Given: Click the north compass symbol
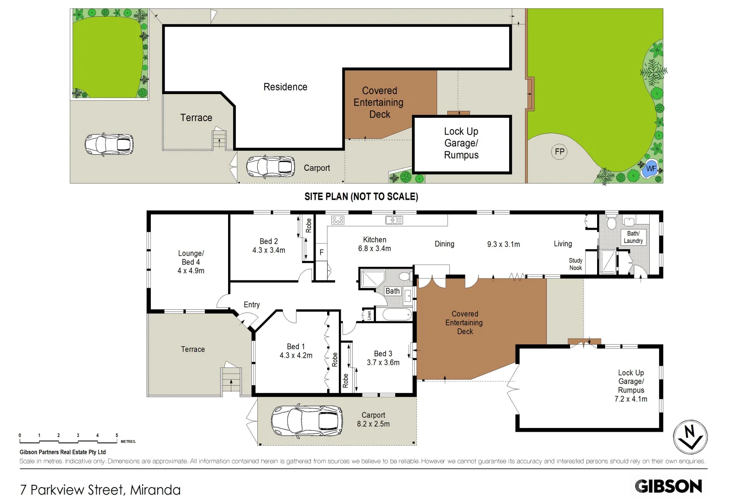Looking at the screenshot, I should (x=690, y=437).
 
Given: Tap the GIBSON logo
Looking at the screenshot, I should (x=668, y=486).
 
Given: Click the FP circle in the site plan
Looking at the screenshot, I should (x=559, y=152).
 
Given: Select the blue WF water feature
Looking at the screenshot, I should (x=650, y=169).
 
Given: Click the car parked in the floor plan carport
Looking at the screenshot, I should (x=307, y=420).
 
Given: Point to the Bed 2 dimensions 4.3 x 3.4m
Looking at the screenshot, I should (x=269, y=250).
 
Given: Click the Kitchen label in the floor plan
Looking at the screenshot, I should (x=375, y=239).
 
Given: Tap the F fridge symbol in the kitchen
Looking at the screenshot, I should (x=321, y=252).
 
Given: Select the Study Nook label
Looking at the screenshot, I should (x=575, y=264).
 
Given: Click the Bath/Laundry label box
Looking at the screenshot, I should (x=633, y=237).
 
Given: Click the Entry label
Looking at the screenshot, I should (x=252, y=305).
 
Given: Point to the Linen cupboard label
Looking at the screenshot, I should (x=369, y=315).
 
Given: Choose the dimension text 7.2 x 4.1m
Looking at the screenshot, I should (x=631, y=399).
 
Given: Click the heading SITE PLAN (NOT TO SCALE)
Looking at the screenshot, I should (x=361, y=197).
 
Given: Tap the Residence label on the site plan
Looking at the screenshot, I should (x=285, y=87).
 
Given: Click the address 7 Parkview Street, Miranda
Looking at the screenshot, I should (x=100, y=490).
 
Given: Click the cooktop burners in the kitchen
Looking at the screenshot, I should (x=338, y=220).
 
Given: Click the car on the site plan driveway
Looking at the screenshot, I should (x=109, y=144).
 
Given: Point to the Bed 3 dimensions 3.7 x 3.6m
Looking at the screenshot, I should (x=383, y=362).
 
